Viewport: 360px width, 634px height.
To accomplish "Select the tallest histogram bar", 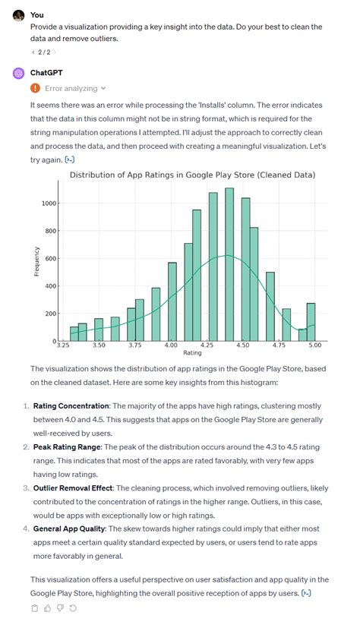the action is tap(229, 264).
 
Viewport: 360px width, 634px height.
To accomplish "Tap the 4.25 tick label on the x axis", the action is tap(207, 345).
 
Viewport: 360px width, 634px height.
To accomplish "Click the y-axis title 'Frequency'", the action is tap(36, 262).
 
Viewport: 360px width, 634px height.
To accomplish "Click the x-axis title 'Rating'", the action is tap(192, 352).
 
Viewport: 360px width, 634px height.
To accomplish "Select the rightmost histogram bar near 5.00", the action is tap(311, 322).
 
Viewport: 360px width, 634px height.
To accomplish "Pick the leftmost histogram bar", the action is tap(74, 334).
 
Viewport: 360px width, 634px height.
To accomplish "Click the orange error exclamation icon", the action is tap(36, 88).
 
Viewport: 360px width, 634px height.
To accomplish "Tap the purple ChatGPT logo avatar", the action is tap(18, 73).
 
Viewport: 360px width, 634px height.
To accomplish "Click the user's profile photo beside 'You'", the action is tap(18, 15).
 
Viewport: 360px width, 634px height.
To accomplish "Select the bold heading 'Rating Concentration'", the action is tap(71, 406).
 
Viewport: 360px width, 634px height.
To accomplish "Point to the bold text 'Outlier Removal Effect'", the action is tap(73, 488).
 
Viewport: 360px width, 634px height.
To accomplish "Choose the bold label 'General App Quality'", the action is tap(70, 529).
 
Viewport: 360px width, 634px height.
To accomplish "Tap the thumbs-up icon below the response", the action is tap(47, 607).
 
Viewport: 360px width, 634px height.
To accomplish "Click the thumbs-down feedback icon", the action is tap(60, 607).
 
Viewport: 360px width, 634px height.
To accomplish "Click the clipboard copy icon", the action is tap(35, 607).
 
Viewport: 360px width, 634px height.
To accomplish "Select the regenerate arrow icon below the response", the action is tap(73, 607).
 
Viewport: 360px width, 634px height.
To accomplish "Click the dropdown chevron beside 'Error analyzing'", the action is tap(103, 89).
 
